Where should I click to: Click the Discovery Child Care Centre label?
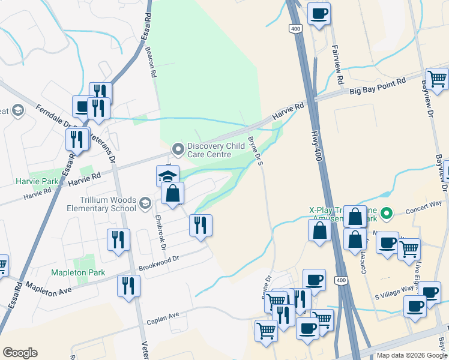tap(209, 150)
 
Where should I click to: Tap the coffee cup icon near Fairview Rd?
tap(319, 13)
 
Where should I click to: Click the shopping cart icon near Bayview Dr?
tap(437, 78)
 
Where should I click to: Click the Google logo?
tap(20, 353)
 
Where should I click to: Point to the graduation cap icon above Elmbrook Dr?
tap(167, 175)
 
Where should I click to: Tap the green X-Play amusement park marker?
tap(387, 212)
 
